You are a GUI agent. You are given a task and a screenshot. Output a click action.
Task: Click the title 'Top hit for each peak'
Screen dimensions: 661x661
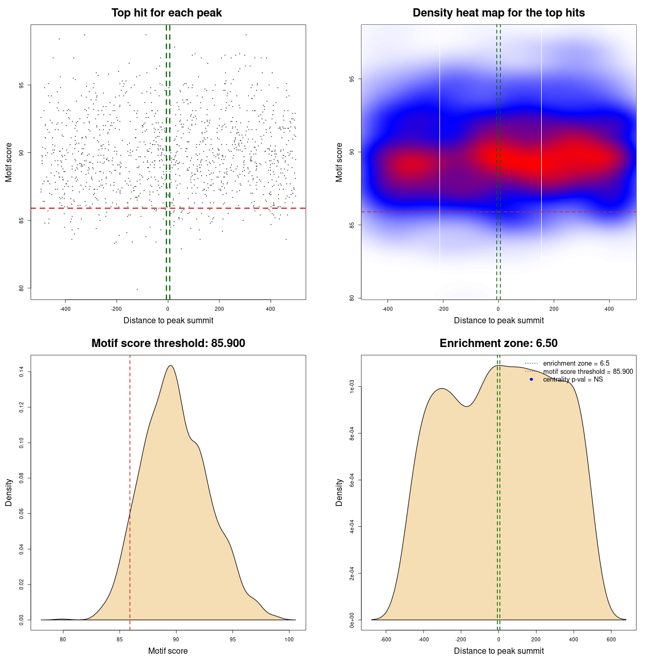[166, 13]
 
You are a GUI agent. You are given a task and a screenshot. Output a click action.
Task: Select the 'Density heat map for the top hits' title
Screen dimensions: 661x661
[498, 13]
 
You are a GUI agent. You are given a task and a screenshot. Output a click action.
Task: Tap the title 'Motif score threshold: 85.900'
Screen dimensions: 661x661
[168, 343]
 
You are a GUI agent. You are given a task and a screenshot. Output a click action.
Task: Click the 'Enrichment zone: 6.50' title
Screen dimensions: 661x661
[498, 343]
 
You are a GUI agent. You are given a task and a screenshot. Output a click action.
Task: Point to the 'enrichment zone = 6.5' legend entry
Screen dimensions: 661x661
[576, 364]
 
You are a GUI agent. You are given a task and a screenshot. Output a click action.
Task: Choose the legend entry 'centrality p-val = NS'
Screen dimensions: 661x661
[573, 380]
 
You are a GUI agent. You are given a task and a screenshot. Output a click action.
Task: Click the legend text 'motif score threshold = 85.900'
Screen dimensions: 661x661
[588, 372]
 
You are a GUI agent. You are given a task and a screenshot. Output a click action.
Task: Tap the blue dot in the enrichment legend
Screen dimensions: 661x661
[531, 380]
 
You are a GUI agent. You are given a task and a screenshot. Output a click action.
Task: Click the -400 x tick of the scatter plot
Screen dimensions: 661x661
[65, 309]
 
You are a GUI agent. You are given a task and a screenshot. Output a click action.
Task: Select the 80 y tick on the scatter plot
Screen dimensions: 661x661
[21, 288]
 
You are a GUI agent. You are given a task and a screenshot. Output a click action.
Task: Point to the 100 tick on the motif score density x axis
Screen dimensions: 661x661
[289, 639]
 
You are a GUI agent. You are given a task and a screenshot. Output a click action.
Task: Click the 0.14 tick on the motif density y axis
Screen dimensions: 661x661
[21, 372]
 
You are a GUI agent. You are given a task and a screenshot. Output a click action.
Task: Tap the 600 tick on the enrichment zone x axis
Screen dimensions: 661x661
[611, 639]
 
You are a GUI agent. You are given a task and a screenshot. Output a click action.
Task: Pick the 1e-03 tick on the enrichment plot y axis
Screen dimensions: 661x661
[352, 387]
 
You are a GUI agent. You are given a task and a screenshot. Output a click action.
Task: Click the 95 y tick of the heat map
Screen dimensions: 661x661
[352, 79]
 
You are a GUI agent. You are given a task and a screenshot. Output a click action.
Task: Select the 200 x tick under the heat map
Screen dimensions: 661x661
[554, 309]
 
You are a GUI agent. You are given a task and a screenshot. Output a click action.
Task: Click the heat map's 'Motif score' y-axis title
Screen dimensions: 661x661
[339, 162]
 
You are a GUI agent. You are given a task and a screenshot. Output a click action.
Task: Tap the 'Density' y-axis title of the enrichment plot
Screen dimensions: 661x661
[339, 492]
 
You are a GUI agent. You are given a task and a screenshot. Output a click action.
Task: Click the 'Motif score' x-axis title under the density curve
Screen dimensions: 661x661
[168, 651]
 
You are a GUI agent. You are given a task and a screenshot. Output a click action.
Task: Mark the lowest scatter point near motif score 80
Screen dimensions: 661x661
[137, 289]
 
